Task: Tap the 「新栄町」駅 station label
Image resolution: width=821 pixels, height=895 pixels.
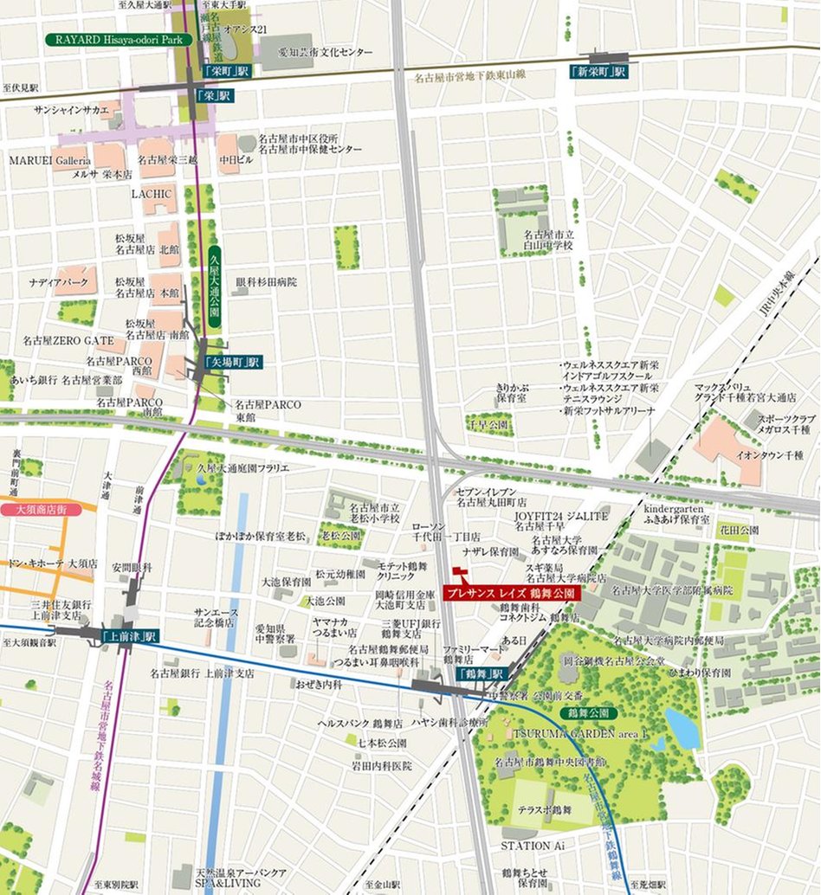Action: pyautogui.click(x=598, y=72)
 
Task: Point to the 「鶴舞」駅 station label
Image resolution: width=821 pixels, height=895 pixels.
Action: pyautogui.click(x=480, y=674)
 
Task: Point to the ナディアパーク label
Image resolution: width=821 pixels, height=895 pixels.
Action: pyautogui.click(x=56, y=283)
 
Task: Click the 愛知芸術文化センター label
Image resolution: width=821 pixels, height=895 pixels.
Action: pyautogui.click(x=326, y=53)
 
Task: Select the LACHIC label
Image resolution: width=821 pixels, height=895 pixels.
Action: pyautogui.click(x=153, y=194)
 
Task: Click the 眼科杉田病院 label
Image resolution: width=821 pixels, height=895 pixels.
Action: pyautogui.click(x=266, y=282)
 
